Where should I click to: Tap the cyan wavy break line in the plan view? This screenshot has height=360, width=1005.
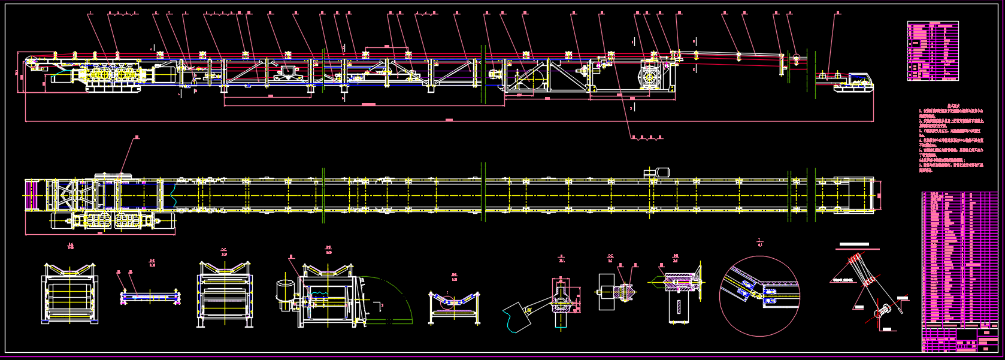tap(173, 195)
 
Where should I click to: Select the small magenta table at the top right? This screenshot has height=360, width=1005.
tap(933, 51)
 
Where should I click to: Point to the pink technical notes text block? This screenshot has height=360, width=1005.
tap(951, 140)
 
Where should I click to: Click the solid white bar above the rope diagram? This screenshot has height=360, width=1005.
tap(853, 244)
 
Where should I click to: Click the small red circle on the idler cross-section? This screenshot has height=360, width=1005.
tap(444, 305)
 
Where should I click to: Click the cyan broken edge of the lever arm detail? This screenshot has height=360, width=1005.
tap(510, 324)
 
